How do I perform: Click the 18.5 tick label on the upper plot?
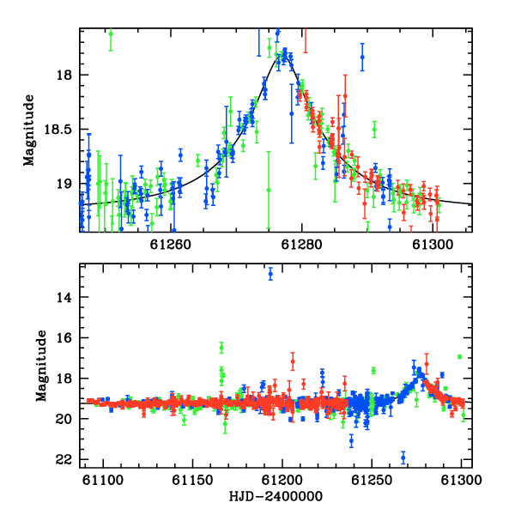pyautogui.click(x=58, y=130)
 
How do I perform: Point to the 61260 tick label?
pyautogui.click(x=171, y=245)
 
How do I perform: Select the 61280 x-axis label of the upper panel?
pyautogui.click(x=302, y=245)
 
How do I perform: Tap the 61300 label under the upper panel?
pyautogui.click(x=433, y=245)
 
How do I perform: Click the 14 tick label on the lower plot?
pyautogui.click(x=64, y=298)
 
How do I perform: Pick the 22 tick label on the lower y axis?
pyautogui.click(x=64, y=460)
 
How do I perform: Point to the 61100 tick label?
pyautogui.click(x=103, y=480)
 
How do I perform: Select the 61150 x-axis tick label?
pyautogui.click(x=193, y=480)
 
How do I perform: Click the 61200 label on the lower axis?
pyautogui.click(x=282, y=480)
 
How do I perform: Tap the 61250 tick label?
pyautogui.click(x=372, y=480)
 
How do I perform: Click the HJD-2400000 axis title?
pyautogui.click(x=276, y=496)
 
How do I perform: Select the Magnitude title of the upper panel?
pyautogui.click(x=29, y=130)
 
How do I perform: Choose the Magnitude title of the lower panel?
pyautogui.click(x=41, y=366)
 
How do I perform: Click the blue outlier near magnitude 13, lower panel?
pyautogui.click(x=270, y=274)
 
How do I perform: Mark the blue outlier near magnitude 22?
pyautogui.click(x=403, y=457)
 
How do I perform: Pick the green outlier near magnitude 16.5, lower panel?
pyautogui.click(x=221, y=348)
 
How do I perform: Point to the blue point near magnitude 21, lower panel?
pyautogui.click(x=351, y=441)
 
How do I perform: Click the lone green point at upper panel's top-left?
pyautogui.click(x=111, y=33)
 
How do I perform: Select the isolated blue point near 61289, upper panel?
pyautogui.click(x=362, y=57)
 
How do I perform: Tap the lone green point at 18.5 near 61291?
pyautogui.click(x=374, y=129)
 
